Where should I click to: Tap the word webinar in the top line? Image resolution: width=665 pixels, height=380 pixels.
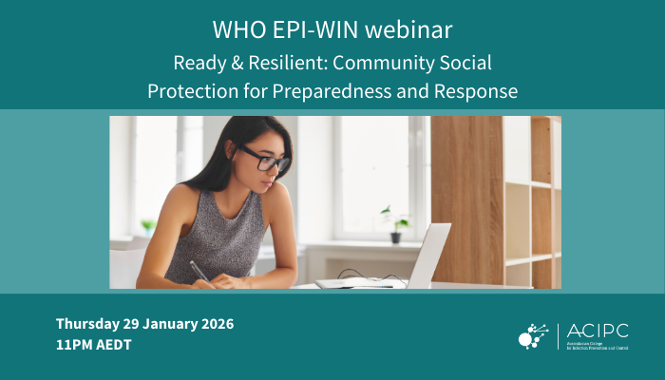[406, 28]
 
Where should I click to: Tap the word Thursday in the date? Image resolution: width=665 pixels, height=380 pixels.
[88, 324]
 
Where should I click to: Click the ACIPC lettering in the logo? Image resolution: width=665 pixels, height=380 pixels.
[597, 331]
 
